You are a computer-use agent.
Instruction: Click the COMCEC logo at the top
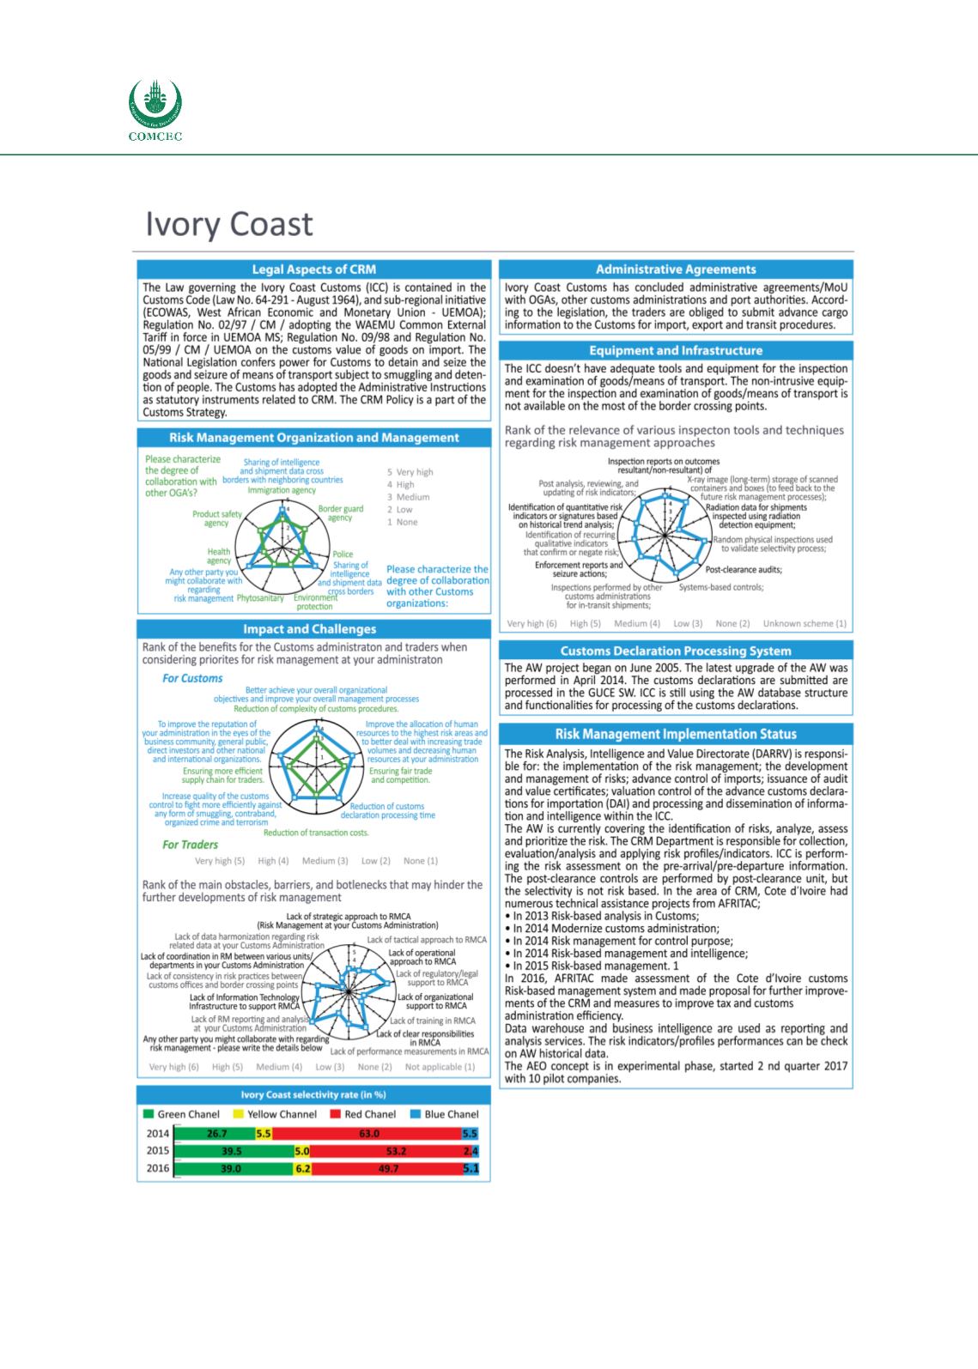[155, 110]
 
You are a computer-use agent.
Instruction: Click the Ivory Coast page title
[228, 223]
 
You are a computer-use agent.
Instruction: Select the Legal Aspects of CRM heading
[313, 270]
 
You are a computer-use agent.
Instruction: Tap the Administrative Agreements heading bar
[676, 270]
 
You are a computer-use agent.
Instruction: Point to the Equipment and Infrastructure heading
[676, 350]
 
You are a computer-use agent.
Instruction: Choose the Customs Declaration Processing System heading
[676, 651]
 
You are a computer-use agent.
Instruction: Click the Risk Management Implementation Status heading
[676, 734]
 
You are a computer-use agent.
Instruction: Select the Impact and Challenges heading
[313, 629]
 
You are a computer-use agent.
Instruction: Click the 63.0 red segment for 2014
[369, 1133]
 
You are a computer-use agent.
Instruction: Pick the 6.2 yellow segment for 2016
[302, 1168]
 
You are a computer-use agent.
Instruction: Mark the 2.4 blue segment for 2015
[470, 1151]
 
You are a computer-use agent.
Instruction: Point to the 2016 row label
[158, 1168]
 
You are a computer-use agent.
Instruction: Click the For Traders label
[190, 845]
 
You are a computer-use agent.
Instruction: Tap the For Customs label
[192, 678]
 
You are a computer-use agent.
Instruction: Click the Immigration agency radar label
[282, 490]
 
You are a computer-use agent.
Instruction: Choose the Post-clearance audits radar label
[744, 570]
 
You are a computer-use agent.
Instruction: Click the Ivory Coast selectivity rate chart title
[313, 1094]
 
